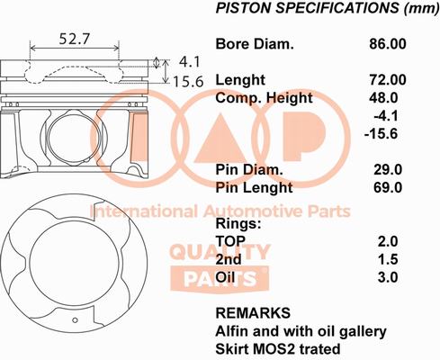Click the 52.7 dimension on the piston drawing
[x=75, y=39]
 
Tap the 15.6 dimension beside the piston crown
[x=188, y=82]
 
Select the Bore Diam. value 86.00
[x=388, y=44]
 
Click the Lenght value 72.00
[x=388, y=80]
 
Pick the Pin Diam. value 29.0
[x=388, y=170]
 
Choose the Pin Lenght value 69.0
[x=388, y=187]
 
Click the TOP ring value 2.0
[x=388, y=241]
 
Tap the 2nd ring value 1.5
[x=388, y=259]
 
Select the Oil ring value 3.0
[x=388, y=277]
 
